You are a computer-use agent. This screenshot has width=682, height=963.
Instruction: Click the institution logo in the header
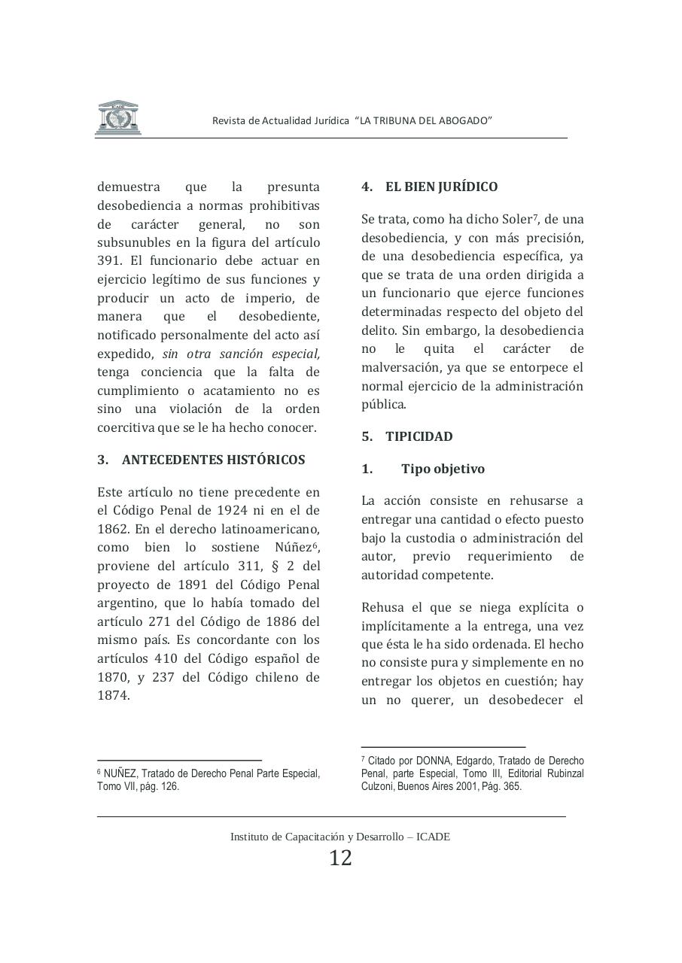[x=117, y=117]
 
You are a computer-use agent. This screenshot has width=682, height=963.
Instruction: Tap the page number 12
[x=340, y=858]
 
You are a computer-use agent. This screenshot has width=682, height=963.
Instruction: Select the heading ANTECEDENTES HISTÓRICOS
[x=213, y=460]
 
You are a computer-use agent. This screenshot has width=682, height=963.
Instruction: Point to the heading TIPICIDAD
[x=419, y=436]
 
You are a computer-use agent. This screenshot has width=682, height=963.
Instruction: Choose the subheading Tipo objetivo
[x=443, y=469]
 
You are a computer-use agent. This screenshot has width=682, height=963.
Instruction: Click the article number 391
[x=109, y=261]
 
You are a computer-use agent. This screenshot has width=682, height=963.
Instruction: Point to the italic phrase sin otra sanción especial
[x=241, y=354]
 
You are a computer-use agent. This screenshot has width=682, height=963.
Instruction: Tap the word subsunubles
[x=133, y=242]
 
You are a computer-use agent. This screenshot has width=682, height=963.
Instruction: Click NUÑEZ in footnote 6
[x=120, y=773]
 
